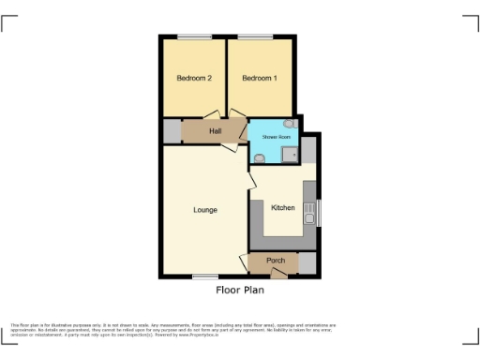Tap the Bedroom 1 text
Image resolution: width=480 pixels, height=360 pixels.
(260, 78)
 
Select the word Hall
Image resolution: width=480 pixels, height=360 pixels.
(215, 131)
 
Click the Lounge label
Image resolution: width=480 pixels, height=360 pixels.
(205, 210)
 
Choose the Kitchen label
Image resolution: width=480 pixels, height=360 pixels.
(283, 208)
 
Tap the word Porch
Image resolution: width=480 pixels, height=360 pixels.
(276, 260)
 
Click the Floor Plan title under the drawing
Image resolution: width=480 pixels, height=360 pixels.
(240, 291)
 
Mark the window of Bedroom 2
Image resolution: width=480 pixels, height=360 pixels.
(194, 37)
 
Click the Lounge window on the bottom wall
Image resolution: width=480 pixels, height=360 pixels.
(204, 277)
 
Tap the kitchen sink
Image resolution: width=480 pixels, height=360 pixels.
(308, 218)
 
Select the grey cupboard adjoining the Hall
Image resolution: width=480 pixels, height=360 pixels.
(171, 132)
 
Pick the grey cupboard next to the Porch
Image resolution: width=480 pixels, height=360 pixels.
(307, 263)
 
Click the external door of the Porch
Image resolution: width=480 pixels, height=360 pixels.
(277, 274)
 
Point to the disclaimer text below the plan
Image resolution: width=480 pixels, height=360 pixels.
(173, 329)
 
